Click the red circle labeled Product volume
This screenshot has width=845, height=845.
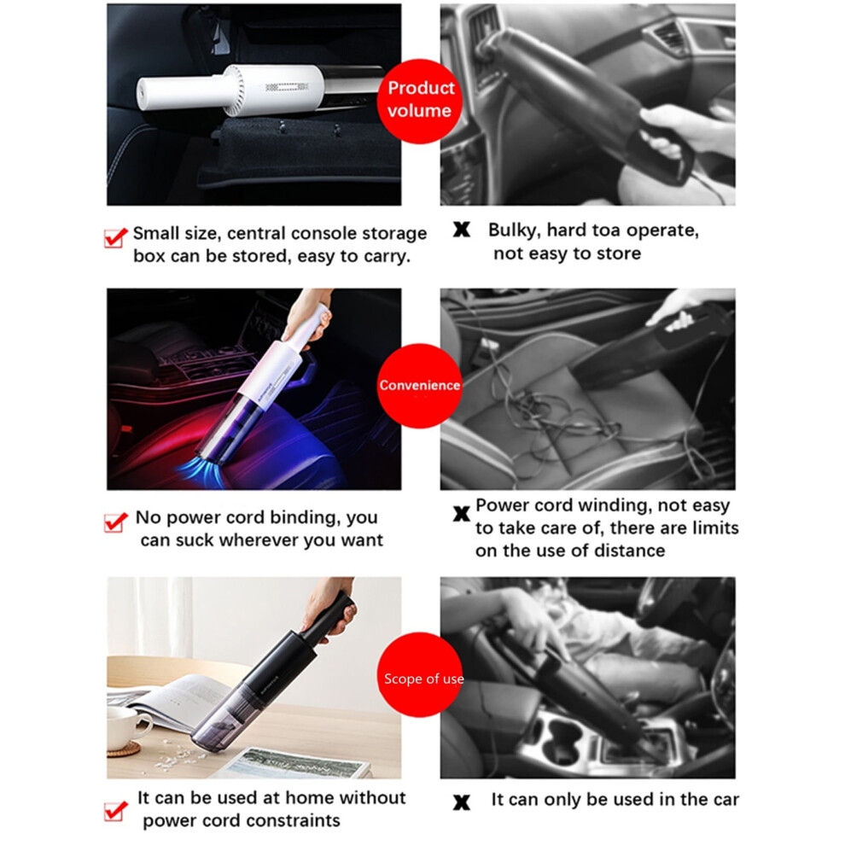coord(419,101)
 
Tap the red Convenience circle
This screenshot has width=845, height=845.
coord(419,385)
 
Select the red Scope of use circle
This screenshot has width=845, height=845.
coord(420,674)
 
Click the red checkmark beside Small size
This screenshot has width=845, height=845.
coord(115,237)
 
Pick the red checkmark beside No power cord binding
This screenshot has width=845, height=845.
coord(115,522)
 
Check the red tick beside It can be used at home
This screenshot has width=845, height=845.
coord(115,810)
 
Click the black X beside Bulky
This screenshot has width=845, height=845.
coord(461,230)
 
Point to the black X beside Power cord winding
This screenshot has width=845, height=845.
coord(461,514)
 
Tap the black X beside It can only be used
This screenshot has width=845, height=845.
coord(461,802)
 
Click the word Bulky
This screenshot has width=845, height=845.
coord(514,230)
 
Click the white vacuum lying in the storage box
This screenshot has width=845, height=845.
coord(261,90)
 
